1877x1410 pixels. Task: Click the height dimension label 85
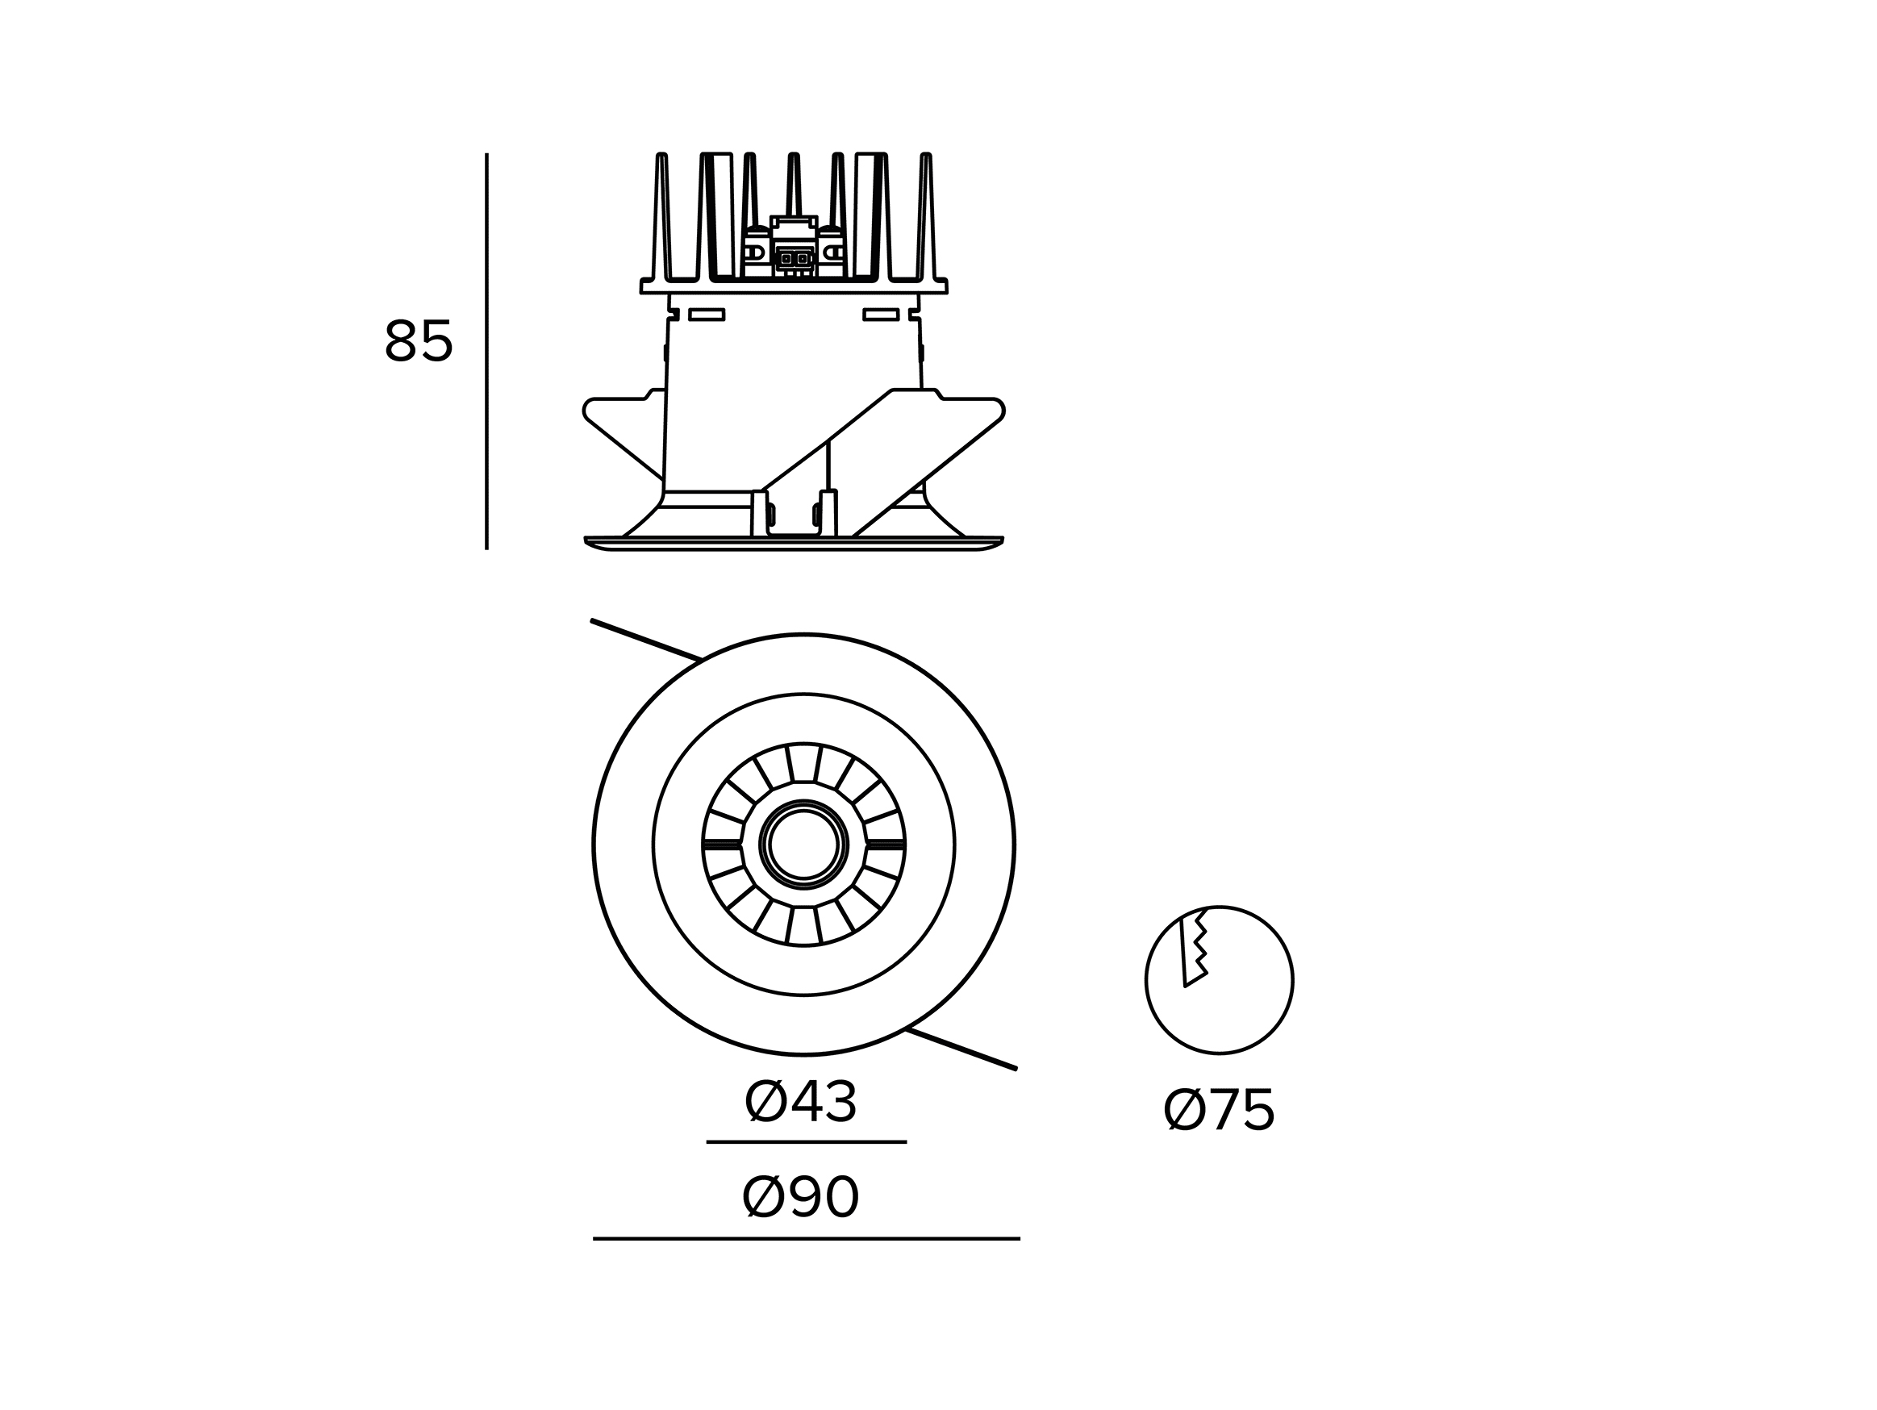419,341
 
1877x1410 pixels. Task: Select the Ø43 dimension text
801,1103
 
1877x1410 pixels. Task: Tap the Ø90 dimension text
801,1198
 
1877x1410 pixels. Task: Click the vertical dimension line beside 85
487,351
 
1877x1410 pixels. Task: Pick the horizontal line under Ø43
807,1142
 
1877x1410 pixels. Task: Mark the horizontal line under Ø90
806,1239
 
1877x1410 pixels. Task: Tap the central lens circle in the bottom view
803,845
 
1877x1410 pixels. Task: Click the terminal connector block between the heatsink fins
794,247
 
